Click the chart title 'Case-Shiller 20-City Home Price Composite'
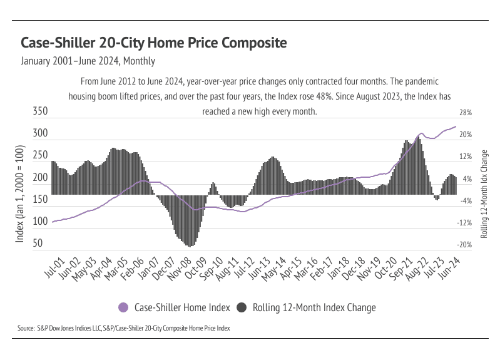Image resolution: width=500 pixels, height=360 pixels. [x=154, y=43]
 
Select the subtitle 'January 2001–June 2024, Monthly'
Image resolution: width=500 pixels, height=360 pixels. [x=88, y=61]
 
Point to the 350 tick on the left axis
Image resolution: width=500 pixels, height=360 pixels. [x=40, y=112]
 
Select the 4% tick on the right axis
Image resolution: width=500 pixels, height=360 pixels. [x=466, y=179]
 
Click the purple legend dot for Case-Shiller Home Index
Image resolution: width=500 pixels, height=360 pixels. [x=123, y=307]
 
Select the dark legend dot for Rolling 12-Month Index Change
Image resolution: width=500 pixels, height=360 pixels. [x=241, y=307]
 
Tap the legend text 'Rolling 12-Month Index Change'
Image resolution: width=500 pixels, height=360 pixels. [x=314, y=307]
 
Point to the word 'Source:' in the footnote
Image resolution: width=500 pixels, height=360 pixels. [x=26, y=328]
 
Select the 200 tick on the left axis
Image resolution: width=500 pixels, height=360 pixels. [x=40, y=178]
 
